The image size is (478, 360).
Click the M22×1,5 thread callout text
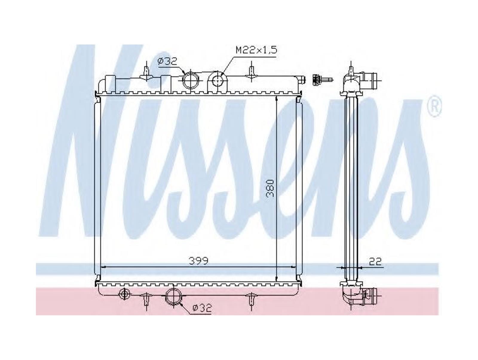tap(256, 50)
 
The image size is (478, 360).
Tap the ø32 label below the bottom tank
tap(202, 308)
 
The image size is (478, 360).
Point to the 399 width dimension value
tap(198, 261)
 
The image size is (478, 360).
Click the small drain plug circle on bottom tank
tap(124, 294)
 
